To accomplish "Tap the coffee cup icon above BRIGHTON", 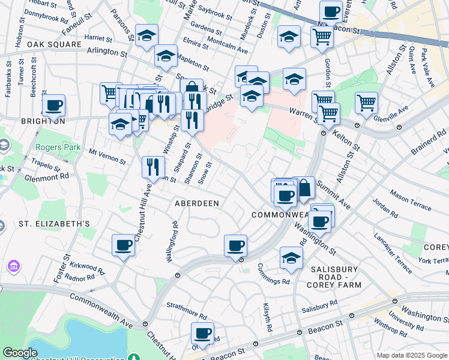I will (53, 106).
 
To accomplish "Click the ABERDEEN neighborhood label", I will (196, 203).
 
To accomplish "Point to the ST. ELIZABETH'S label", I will (54, 224).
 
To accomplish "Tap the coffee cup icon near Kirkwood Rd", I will (124, 245).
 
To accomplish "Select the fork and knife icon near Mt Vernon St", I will (153, 166).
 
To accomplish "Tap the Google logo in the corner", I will (20, 353).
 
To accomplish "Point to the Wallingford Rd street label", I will (172, 242).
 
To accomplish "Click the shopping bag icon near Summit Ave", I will (304, 187).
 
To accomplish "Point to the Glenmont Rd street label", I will (47, 178).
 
